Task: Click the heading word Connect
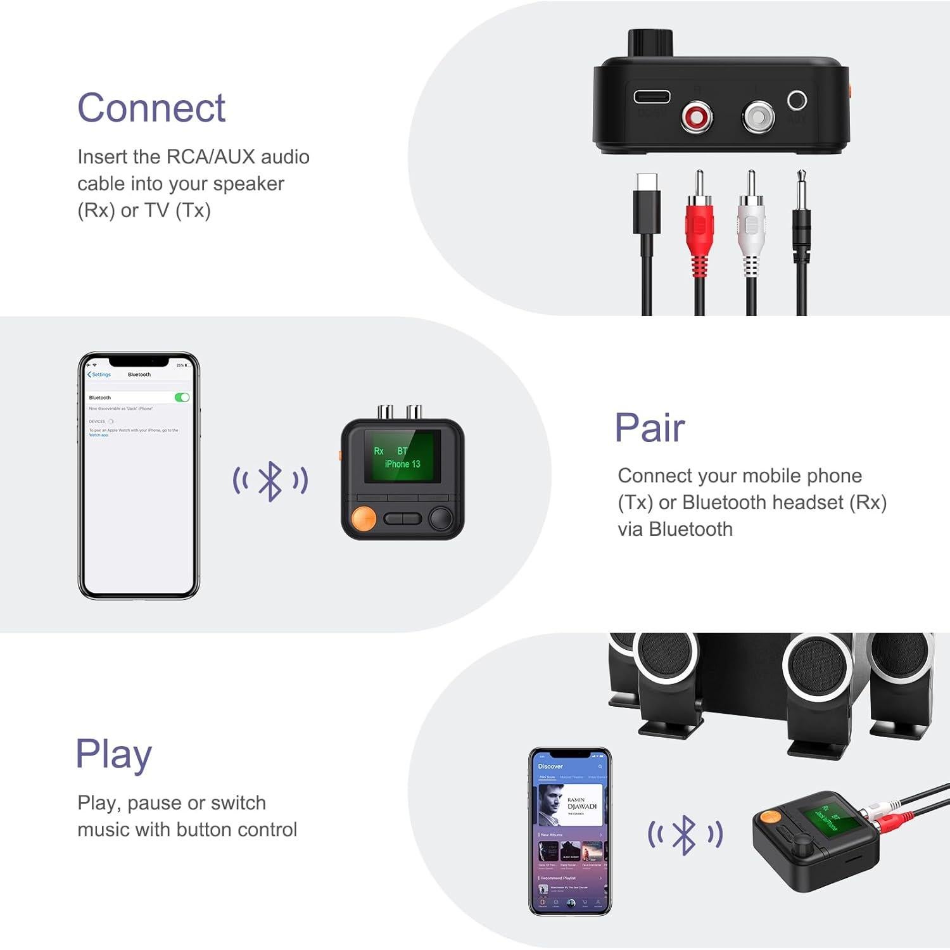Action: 151,108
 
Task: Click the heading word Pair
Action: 649,428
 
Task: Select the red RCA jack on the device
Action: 697,117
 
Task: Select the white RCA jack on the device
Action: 758,117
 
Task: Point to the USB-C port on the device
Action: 652,97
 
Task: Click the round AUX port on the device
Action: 797,100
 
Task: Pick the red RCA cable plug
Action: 699,222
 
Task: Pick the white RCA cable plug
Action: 751,222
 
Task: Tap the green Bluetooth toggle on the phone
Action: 182,397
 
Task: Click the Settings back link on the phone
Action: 99,374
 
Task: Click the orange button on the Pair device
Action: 364,518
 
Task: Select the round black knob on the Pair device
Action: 441,518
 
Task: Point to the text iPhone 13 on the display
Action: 402,464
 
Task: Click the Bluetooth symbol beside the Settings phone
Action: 270,481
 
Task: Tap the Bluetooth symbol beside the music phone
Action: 685,835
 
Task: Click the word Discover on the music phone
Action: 550,766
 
